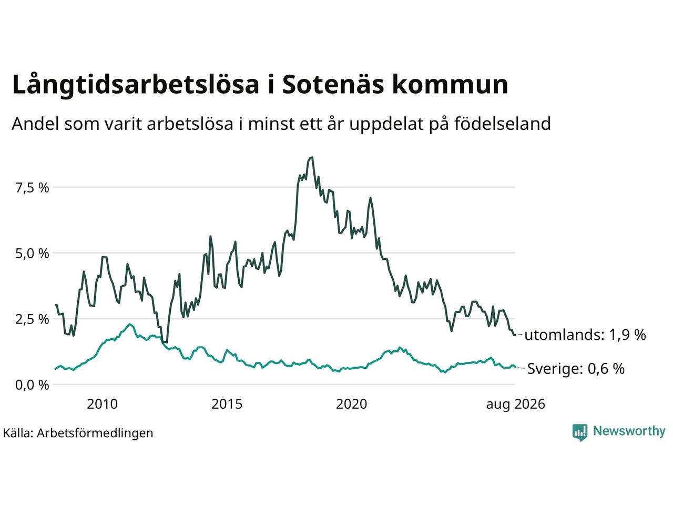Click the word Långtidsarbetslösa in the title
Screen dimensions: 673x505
click(136, 85)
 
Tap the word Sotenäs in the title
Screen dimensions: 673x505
click(333, 84)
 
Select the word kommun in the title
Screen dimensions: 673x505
click(450, 84)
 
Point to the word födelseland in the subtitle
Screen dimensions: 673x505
click(503, 124)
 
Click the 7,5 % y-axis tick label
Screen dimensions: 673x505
click(32, 188)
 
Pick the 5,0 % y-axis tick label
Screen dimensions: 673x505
click(32, 254)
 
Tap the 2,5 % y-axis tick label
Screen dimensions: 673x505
click(32, 319)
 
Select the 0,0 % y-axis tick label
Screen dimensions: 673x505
click(32, 385)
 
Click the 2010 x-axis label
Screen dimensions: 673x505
click(102, 404)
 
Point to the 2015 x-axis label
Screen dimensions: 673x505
click(227, 404)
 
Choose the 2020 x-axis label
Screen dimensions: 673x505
click(351, 404)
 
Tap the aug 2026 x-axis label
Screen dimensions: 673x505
click(516, 405)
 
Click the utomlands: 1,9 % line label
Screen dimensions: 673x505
click(585, 335)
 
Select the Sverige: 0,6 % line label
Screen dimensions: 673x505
click(576, 369)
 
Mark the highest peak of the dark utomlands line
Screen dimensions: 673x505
click(312, 157)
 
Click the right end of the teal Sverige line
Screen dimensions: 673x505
click(515, 367)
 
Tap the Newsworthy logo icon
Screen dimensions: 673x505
click(580, 432)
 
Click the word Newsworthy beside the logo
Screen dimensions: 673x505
click(629, 431)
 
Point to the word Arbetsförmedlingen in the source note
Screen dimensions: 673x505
click(95, 433)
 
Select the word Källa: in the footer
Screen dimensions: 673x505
click(18, 433)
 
